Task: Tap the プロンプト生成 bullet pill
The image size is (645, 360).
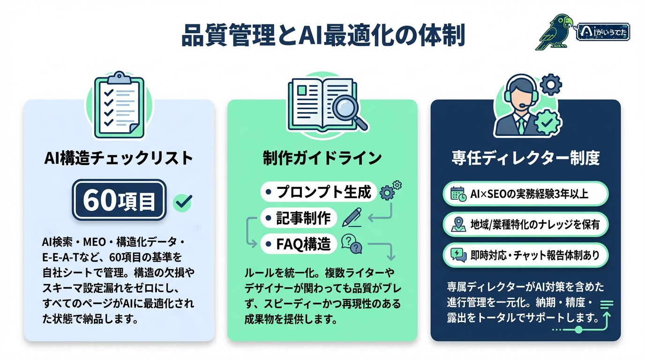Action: point(319,192)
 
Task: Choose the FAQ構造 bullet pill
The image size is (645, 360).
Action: point(298,243)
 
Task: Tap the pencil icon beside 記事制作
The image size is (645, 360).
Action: point(352,217)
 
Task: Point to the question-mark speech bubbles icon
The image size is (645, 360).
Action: point(352,243)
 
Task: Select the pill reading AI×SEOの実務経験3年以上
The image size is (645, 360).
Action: point(525,194)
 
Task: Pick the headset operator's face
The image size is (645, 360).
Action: point(517,97)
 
